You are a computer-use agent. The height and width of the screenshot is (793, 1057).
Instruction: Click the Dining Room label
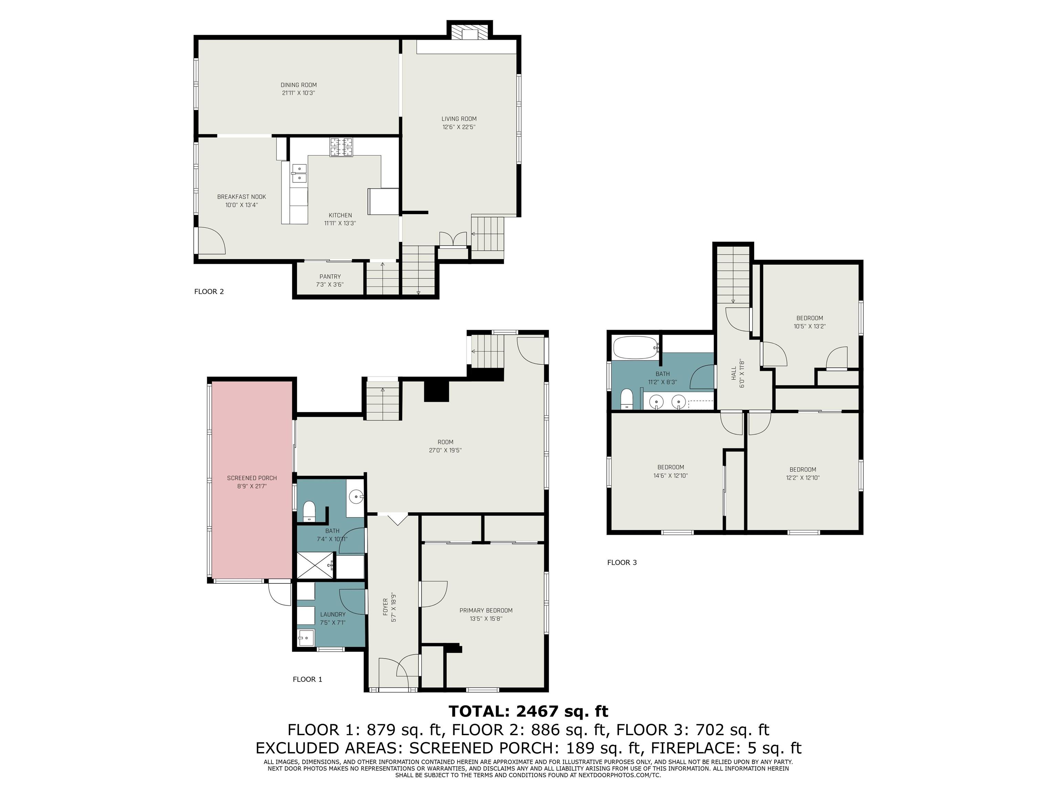click(299, 85)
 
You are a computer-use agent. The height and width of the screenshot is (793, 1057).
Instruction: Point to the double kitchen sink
click(299, 173)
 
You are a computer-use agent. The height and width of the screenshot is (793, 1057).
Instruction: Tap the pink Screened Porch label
click(252, 478)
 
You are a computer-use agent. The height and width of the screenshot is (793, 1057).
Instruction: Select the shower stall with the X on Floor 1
click(316, 565)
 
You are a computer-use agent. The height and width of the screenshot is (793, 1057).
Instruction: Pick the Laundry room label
click(333, 615)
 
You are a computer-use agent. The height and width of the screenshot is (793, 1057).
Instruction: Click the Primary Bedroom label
click(486, 610)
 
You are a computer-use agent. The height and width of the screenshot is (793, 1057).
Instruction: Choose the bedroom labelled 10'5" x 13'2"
click(810, 322)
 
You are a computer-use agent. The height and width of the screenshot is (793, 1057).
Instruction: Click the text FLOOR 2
click(209, 292)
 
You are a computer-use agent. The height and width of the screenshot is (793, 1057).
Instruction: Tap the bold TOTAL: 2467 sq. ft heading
click(528, 711)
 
